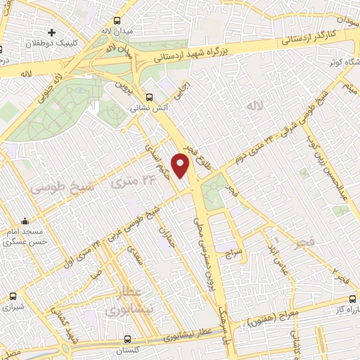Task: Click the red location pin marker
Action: point(181,166)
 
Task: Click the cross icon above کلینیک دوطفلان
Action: point(51,32)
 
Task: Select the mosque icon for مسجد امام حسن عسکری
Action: point(25,222)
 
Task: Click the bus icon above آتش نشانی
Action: point(148,98)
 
